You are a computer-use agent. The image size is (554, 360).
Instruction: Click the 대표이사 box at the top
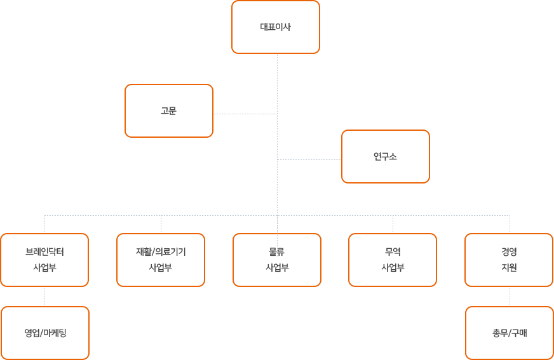(276, 27)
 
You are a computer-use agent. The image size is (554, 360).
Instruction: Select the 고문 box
(168, 110)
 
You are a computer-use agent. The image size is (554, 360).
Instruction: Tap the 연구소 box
(385, 156)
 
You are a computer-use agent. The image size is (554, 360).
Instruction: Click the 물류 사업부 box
(277, 260)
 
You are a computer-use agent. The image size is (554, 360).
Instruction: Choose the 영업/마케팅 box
(45, 333)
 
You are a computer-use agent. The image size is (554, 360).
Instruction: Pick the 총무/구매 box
(509, 333)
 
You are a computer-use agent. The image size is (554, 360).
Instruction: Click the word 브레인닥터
(44, 251)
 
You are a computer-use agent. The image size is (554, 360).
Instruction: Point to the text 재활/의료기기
(161, 251)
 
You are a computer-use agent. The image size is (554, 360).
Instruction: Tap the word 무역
(393, 251)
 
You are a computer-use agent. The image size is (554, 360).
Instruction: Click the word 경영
(509, 251)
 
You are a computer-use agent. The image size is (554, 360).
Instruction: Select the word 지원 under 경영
(509, 267)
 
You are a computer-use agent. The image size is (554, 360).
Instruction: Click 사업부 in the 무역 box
(393, 267)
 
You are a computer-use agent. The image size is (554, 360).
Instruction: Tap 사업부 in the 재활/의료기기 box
(161, 267)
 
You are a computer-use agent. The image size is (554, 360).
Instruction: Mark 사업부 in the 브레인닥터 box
(44, 267)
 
